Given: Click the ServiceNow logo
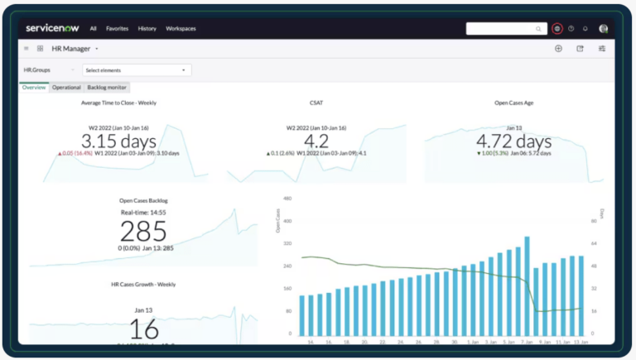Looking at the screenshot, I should (x=51, y=28).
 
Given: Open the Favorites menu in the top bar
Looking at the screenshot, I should (x=117, y=28).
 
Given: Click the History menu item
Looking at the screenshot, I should (x=147, y=28).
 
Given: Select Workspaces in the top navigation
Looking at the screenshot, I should (x=181, y=28).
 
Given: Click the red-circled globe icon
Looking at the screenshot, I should (x=557, y=28).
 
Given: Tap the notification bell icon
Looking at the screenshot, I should (x=585, y=28).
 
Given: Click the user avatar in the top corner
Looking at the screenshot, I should (x=604, y=28).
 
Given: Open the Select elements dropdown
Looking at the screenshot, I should (x=137, y=70).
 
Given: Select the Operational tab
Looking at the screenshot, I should (x=66, y=87).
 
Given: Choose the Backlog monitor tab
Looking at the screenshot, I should (x=108, y=87).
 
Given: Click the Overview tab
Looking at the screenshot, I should (x=34, y=87).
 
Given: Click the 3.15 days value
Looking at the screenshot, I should (x=118, y=142).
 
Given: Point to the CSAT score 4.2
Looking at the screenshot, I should (x=316, y=142).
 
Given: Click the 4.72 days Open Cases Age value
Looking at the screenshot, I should (x=513, y=142).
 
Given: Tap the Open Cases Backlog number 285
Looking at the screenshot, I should (x=144, y=231).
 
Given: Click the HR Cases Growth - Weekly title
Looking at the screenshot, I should (x=143, y=284).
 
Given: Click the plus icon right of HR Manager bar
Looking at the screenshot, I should (x=558, y=49).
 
